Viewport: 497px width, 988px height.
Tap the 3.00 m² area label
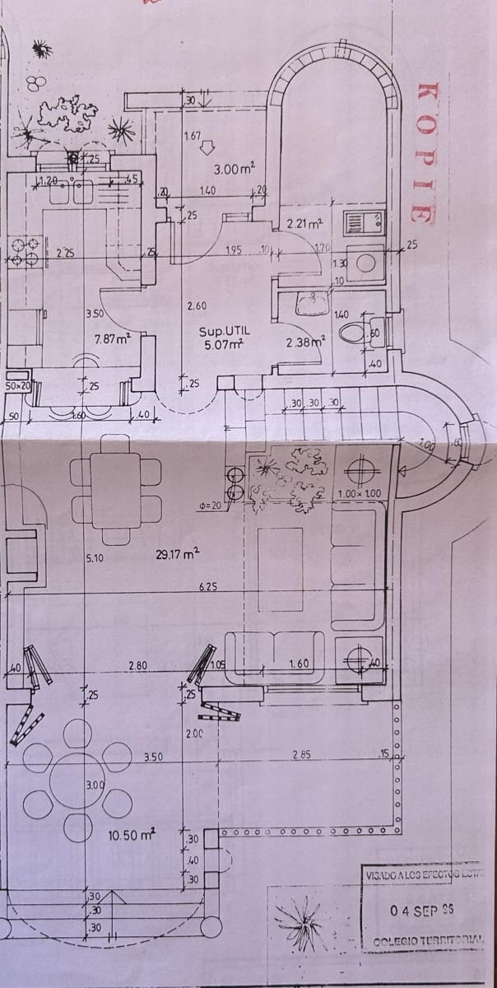[x=235, y=169]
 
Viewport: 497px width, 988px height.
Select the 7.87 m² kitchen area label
[x=113, y=338]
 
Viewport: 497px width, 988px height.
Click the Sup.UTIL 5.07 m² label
[x=221, y=338]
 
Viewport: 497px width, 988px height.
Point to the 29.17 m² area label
[x=177, y=555]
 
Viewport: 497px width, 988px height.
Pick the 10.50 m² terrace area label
[x=132, y=835]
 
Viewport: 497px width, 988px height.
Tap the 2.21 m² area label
[x=304, y=223]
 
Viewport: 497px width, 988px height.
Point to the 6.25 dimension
[x=207, y=586]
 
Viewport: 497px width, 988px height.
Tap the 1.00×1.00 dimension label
[x=359, y=493]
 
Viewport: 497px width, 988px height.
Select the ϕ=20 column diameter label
[x=211, y=505]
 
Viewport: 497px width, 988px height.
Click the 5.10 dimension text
[x=95, y=559]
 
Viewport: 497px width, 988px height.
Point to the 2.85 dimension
[x=302, y=754]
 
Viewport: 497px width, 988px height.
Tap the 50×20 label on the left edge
[x=17, y=385]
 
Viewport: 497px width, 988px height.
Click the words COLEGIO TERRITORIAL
[x=428, y=940]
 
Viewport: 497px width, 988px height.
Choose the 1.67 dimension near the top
[x=193, y=136]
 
